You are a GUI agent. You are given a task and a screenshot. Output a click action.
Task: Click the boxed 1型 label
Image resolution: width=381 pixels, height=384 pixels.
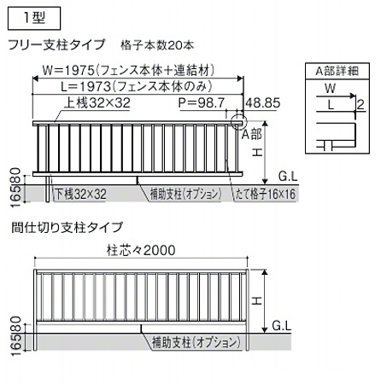coord(34,19)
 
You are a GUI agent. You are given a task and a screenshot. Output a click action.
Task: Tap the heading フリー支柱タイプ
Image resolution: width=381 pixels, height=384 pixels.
coord(57,45)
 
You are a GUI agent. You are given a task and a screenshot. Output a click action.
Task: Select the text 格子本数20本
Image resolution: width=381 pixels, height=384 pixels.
coord(157,45)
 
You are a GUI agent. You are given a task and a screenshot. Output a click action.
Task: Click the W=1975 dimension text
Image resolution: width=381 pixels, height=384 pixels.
coord(128,70)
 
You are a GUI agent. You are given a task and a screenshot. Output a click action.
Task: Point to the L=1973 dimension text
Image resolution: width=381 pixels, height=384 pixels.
coord(137,86)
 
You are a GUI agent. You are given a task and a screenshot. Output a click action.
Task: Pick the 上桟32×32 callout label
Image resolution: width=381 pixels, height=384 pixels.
coord(97,102)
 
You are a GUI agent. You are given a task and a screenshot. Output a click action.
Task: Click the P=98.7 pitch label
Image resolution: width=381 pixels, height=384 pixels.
coord(202,103)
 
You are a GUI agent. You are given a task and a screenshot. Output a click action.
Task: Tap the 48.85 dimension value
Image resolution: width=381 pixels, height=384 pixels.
coord(263,103)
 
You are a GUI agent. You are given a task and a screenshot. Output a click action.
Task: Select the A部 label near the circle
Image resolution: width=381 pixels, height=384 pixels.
coord(251,134)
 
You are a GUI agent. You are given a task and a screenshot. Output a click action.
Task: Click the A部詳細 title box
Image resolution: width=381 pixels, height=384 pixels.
coord(337,71)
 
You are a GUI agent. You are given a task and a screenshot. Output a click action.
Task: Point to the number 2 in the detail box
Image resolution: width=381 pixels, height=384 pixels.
coord(360,105)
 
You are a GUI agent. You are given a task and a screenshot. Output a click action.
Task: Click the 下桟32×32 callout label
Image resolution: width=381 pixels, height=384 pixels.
coord(80,195)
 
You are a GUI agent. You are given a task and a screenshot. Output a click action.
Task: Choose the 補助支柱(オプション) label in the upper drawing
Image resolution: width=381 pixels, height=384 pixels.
coord(185,195)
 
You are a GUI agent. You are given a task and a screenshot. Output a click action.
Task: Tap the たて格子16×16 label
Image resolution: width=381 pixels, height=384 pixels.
coord(266,195)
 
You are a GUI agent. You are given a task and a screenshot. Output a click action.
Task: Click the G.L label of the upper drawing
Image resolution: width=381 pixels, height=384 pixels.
coord(288,177)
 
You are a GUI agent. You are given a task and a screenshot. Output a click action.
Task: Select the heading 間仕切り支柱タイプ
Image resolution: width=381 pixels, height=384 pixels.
coord(67,228)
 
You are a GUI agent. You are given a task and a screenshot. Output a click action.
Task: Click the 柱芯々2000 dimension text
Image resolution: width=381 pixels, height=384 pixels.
coord(141,251)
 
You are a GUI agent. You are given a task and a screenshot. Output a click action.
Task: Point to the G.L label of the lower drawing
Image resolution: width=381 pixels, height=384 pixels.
coord(282,325)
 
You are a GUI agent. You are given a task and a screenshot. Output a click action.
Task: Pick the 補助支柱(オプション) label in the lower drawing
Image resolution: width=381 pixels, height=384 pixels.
coord(196,342)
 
